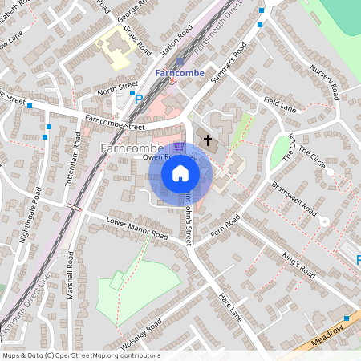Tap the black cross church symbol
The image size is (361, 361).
208,140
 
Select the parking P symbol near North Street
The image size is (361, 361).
138,100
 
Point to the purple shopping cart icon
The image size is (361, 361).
179,147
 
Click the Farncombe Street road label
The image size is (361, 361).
114,123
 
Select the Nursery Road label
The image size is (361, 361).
325,78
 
